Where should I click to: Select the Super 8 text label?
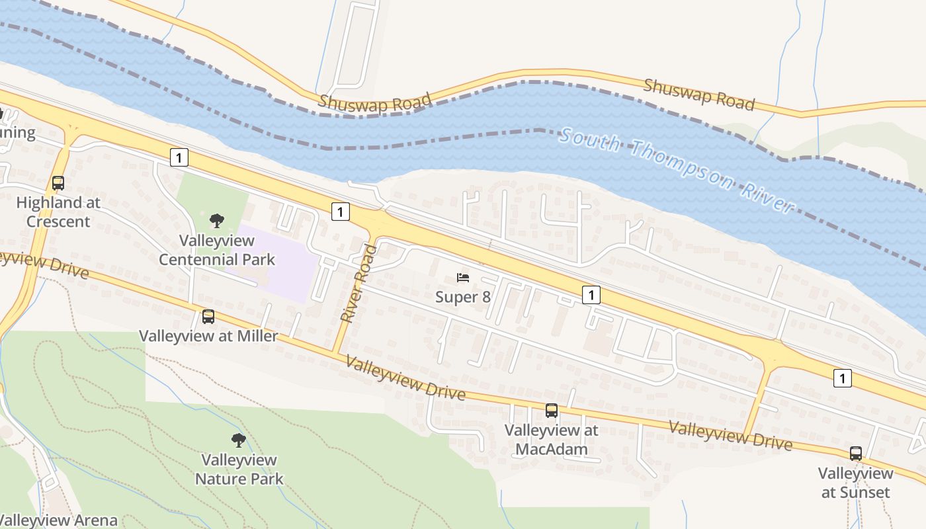(463, 297)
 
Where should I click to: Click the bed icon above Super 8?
(463, 278)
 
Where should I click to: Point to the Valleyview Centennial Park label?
(217, 249)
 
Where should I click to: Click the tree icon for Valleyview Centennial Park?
(216, 221)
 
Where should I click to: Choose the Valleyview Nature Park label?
(239, 469)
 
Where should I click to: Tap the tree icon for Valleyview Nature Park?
(238, 440)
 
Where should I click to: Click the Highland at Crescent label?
(58, 212)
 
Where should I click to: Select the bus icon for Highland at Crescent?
(58, 183)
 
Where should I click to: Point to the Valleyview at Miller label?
(208, 336)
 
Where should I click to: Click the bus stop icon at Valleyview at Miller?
(208, 317)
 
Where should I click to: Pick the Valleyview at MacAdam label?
(551, 440)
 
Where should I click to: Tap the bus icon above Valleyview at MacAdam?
(552, 411)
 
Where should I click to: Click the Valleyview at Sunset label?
(856, 483)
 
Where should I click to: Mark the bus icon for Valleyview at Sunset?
(856, 454)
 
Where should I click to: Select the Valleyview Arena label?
(60, 520)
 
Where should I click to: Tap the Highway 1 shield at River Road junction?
(339, 212)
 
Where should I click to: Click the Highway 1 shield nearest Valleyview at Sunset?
(842, 378)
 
